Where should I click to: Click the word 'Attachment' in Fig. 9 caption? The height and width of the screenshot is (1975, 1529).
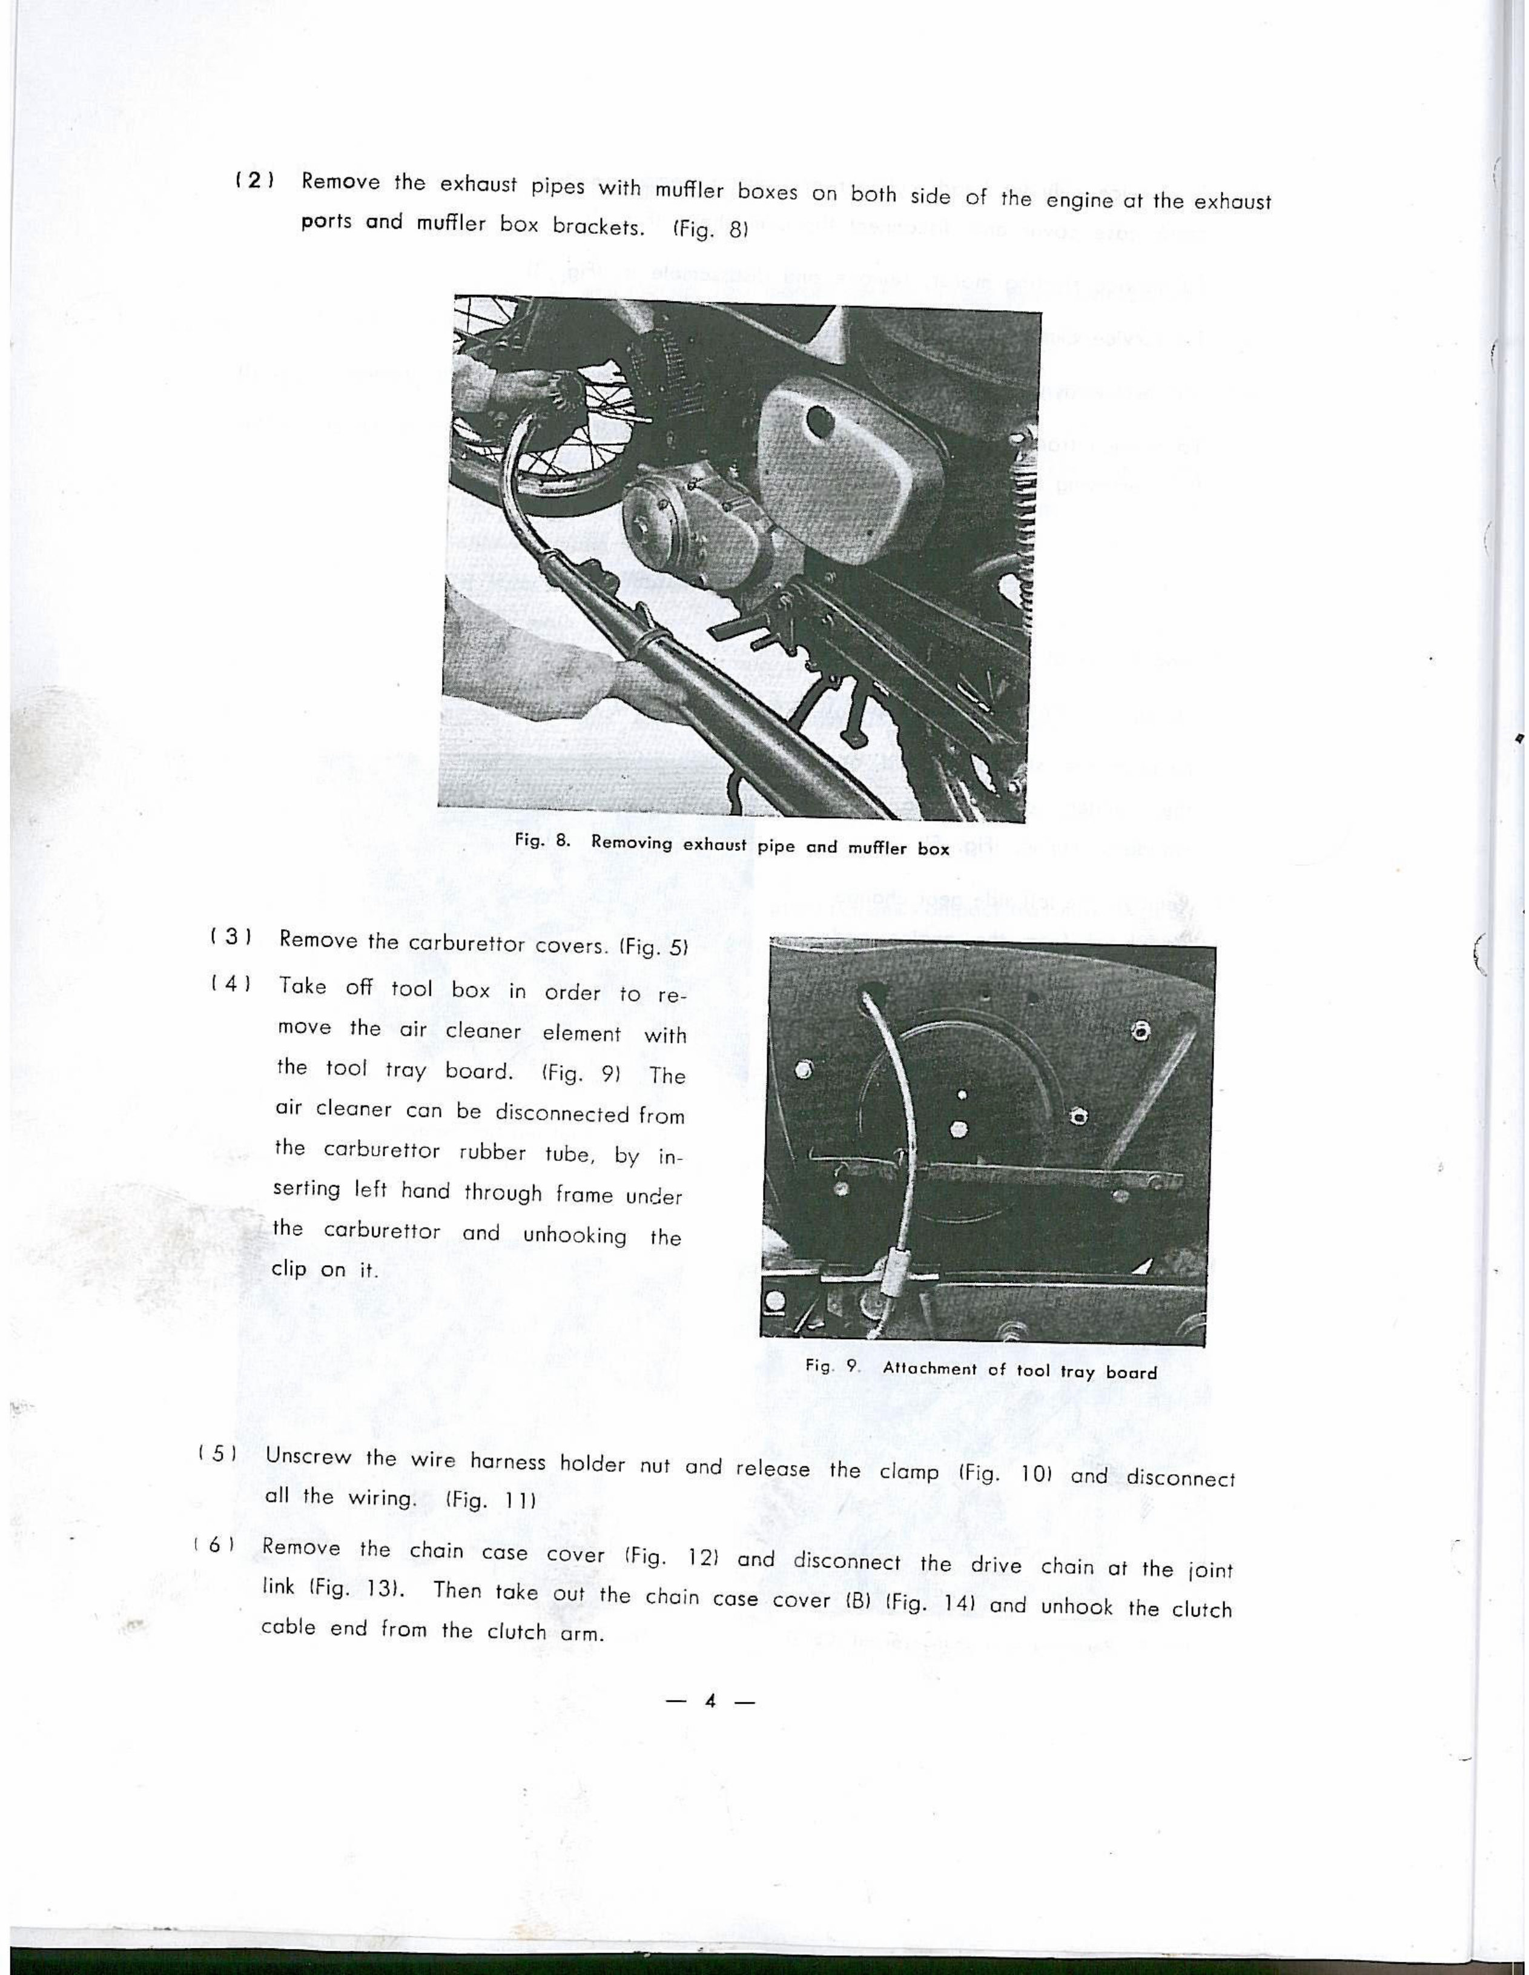pyautogui.click(x=930, y=1368)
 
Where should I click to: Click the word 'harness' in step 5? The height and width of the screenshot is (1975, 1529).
pyautogui.click(x=509, y=1460)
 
